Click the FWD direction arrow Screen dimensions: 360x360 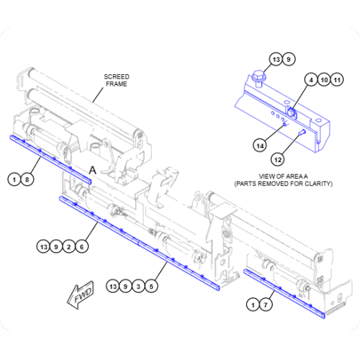[x=78, y=295]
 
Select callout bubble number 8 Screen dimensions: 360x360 [x=27, y=179]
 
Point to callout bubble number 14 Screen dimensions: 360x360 [x=260, y=145]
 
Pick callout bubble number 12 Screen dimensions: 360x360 [x=277, y=159]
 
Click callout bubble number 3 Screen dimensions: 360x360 [x=138, y=287]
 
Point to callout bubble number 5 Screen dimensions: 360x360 [x=151, y=287]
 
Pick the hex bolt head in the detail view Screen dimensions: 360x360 [x=259, y=76]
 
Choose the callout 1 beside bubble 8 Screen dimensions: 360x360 [x=14, y=179]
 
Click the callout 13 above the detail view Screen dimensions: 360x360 [x=276, y=59]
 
